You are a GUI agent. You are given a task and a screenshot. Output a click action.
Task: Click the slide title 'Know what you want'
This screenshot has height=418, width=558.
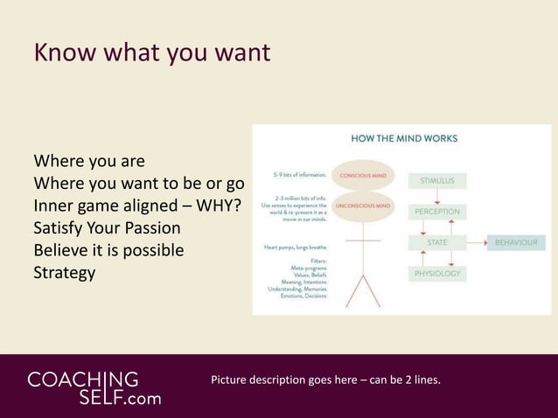click(x=151, y=53)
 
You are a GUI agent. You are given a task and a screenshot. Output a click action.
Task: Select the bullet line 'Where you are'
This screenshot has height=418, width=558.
click(x=88, y=162)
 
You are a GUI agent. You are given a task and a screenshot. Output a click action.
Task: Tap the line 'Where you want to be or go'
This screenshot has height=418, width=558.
click(x=138, y=184)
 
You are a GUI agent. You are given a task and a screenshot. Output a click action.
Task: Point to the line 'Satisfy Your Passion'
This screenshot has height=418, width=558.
click(x=107, y=228)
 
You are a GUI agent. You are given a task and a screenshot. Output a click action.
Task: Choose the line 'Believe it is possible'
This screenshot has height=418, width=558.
click(x=108, y=250)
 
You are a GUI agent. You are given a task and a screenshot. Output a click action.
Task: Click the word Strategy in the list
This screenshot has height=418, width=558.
click(x=64, y=273)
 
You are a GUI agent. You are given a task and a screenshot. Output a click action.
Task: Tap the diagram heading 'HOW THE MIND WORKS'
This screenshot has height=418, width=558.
click(x=403, y=138)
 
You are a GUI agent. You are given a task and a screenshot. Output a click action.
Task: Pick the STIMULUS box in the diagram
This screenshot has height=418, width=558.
click(x=437, y=181)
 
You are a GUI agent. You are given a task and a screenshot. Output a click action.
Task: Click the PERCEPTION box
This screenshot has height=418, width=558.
click(x=437, y=212)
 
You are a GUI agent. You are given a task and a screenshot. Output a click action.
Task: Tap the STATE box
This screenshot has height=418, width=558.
click(x=437, y=242)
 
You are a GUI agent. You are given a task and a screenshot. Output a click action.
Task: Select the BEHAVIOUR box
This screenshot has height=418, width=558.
click(x=516, y=242)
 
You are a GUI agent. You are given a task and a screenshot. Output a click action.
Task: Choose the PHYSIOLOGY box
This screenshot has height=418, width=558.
click(x=437, y=274)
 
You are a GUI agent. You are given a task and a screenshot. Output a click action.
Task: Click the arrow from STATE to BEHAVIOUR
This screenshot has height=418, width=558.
click(x=477, y=242)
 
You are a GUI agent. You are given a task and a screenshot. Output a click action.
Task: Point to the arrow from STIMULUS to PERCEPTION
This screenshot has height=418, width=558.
click(x=437, y=197)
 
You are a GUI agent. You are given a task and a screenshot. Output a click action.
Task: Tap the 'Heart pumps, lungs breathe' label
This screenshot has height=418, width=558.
click(x=296, y=247)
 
